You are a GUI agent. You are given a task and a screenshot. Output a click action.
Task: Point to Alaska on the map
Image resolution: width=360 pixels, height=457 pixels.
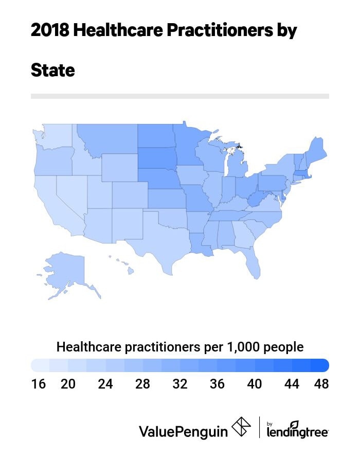coord(62,268)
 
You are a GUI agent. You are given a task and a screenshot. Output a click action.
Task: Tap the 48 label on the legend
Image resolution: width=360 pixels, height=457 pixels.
coord(321,384)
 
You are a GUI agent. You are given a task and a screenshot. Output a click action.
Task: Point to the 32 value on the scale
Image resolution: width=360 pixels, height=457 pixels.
coord(180,384)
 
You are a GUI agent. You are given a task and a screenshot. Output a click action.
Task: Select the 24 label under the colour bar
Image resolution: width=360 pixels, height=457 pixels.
coord(105,384)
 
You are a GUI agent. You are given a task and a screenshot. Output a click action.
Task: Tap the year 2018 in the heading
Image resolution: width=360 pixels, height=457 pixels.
coord(49,31)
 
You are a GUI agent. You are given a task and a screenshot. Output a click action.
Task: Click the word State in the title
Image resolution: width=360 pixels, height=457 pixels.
coord(53,70)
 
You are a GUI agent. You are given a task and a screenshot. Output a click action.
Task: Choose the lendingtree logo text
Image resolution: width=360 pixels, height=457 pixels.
coord(298,431)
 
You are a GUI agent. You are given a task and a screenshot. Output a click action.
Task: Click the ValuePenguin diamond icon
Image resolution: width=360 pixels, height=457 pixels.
coord(241,427)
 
